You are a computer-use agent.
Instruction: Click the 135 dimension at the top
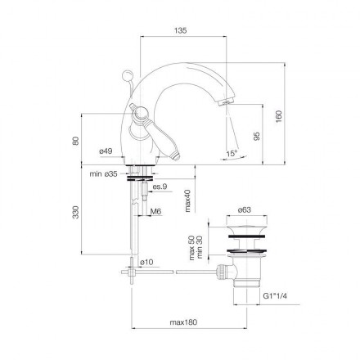click(181, 30)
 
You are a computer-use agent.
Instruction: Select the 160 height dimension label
click(278, 116)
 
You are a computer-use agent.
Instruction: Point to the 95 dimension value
click(257, 137)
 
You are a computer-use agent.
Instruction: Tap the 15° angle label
click(232, 154)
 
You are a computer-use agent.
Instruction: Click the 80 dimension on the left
click(75, 141)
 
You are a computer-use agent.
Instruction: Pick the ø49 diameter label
click(106, 151)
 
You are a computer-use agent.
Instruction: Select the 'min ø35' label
click(104, 174)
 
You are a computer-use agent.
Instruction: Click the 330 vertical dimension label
click(75, 212)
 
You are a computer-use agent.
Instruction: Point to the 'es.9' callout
click(160, 187)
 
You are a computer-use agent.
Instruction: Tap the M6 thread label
click(156, 211)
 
